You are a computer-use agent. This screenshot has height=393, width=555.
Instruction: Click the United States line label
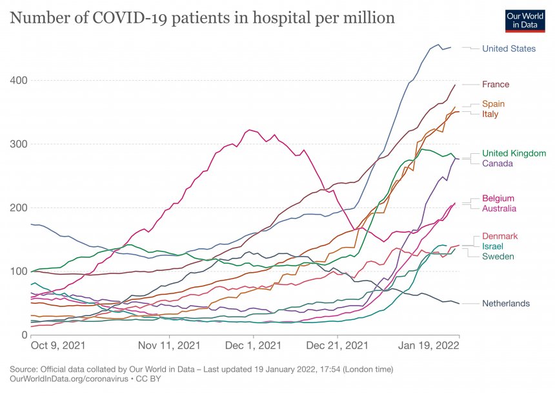(x=509, y=48)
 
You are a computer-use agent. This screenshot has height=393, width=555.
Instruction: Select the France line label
(x=496, y=85)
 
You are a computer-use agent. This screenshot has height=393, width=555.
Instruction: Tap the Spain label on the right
(x=493, y=104)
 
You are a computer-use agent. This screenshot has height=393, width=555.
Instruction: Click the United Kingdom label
(x=514, y=153)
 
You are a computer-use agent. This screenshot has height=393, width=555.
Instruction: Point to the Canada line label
(x=498, y=164)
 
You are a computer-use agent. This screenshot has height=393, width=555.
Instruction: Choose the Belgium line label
(x=498, y=198)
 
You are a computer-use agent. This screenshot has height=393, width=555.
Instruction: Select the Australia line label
(x=499, y=208)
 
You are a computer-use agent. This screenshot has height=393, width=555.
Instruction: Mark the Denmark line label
(x=499, y=237)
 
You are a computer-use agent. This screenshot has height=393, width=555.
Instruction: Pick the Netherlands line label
(x=506, y=304)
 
